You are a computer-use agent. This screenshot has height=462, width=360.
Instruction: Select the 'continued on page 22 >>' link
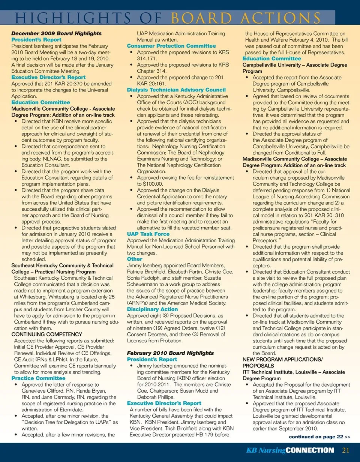tap(319, 437)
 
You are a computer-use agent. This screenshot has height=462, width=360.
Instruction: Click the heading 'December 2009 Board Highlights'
tap(56, 33)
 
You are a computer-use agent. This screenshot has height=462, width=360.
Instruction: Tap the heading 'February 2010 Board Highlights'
tap(170, 353)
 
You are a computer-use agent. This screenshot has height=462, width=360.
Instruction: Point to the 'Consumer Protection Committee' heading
tap(171, 46)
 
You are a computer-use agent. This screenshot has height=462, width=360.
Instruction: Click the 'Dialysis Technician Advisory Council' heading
tap(176, 90)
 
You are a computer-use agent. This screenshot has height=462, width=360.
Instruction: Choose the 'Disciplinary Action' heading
tap(152, 309)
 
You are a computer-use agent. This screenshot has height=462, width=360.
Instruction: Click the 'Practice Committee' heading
tap(38, 378)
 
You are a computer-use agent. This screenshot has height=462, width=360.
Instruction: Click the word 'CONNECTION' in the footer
tap(310, 450)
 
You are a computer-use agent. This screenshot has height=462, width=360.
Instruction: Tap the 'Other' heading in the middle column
tap(135, 259)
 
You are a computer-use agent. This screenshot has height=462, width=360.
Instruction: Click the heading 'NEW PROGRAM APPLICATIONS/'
tap(282, 360)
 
